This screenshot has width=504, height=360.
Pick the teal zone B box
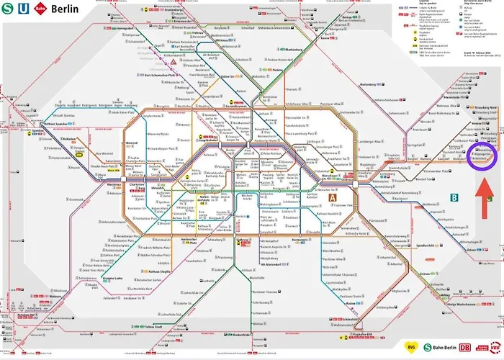(454, 196)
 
